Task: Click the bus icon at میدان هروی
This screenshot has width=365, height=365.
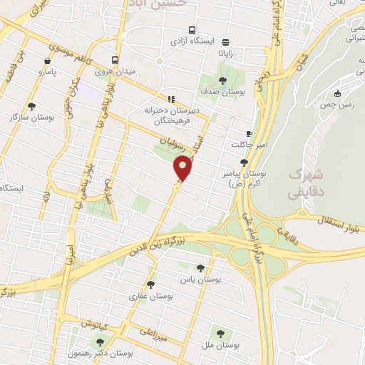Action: coord(115,61)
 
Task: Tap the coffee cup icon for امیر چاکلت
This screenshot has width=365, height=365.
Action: coord(249,133)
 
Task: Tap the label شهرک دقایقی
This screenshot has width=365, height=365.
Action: coord(307,182)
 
